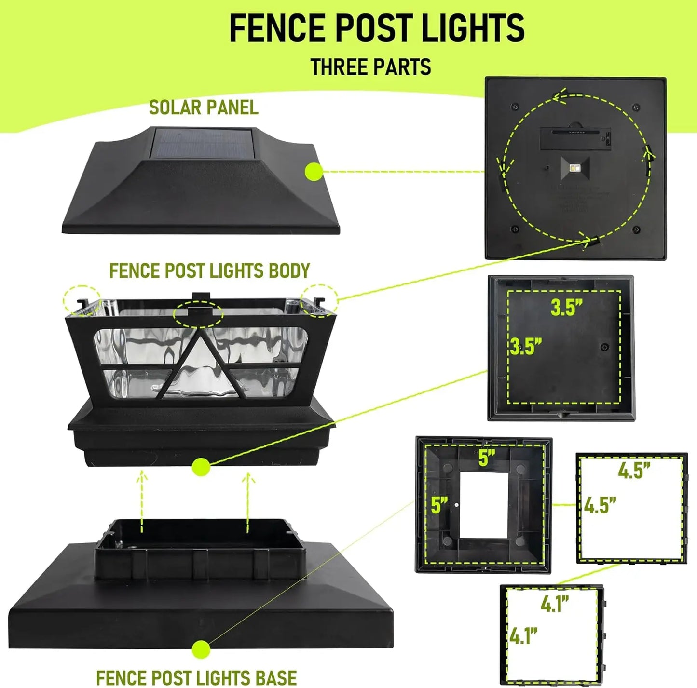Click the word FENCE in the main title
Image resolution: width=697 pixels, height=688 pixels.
[x=278, y=28]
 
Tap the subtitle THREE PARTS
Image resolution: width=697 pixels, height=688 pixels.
[x=370, y=67]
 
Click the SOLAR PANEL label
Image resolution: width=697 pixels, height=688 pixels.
[x=204, y=108]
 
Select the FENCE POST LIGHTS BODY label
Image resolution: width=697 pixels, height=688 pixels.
[x=209, y=271]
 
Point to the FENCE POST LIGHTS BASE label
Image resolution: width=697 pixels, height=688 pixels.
[x=196, y=677]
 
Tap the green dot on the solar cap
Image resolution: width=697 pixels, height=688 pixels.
[x=314, y=172]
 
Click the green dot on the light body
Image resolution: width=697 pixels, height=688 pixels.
[x=201, y=467]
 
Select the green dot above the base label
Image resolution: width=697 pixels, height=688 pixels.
[x=201, y=649]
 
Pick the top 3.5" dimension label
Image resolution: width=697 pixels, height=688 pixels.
[x=567, y=308]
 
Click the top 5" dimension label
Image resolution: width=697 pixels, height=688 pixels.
[x=487, y=458]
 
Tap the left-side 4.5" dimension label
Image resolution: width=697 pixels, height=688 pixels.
[x=600, y=505]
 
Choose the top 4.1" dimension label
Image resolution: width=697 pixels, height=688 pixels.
[x=555, y=604]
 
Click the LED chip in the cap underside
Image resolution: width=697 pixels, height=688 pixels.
[x=575, y=168]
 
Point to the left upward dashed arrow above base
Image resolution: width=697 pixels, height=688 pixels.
[x=142, y=501]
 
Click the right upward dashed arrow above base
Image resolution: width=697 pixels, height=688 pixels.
[x=248, y=501]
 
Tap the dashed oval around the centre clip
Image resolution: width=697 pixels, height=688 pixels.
[x=198, y=314]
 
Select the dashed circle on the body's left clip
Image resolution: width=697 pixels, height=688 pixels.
[x=82, y=301]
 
